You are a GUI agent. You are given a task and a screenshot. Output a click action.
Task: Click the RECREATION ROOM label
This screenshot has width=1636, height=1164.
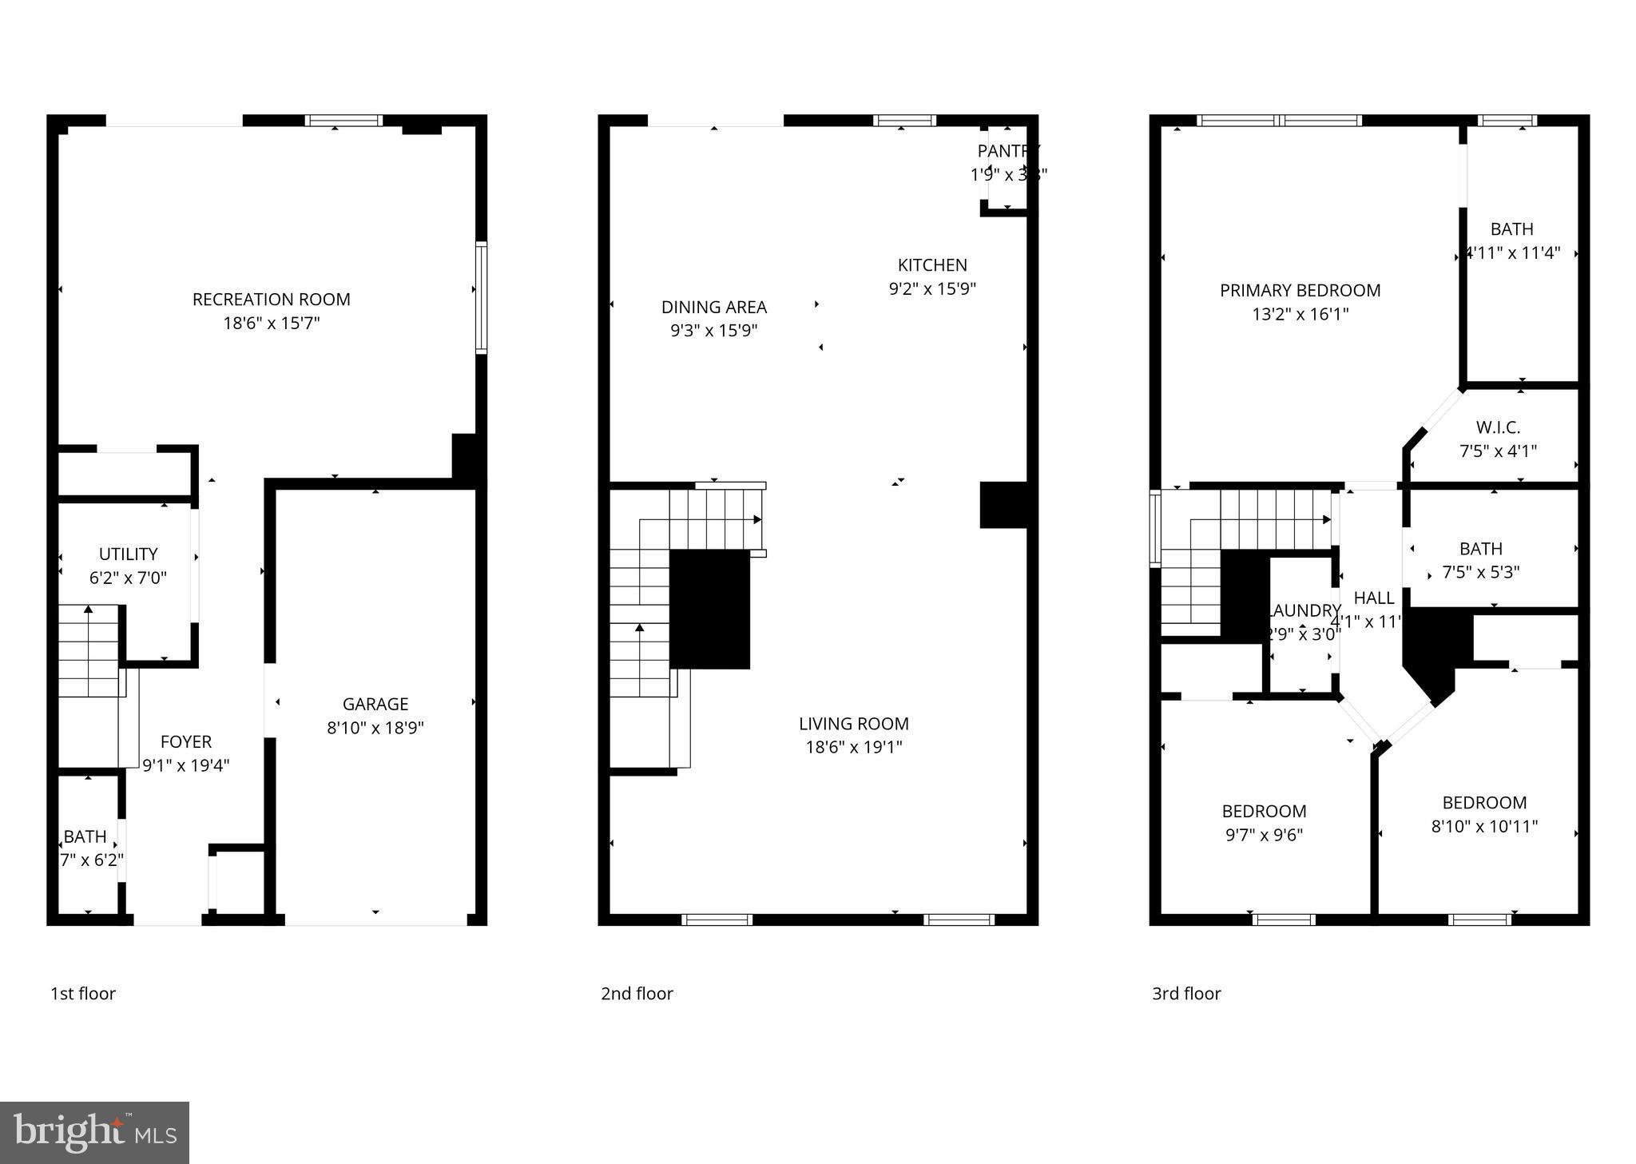(271, 300)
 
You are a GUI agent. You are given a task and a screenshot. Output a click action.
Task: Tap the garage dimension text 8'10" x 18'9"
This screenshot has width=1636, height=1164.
(375, 728)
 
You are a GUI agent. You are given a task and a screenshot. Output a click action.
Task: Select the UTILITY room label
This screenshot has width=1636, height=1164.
(128, 554)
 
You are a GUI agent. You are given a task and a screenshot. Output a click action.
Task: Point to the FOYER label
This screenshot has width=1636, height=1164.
(186, 741)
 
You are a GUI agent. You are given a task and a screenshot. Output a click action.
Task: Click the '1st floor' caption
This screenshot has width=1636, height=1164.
(83, 993)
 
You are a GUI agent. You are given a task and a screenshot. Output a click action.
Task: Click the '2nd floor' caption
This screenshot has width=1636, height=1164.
(637, 993)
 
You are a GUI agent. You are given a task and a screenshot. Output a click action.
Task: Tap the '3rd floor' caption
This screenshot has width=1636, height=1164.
(1186, 993)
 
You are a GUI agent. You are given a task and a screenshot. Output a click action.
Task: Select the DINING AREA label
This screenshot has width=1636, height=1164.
(713, 307)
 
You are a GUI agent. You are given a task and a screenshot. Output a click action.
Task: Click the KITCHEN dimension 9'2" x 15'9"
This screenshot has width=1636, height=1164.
(932, 288)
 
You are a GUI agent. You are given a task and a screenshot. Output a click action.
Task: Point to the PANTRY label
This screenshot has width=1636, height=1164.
(1008, 151)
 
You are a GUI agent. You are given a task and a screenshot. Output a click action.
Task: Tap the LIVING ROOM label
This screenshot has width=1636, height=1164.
(853, 724)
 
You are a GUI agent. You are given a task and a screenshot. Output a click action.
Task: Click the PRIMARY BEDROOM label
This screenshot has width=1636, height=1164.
(1300, 291)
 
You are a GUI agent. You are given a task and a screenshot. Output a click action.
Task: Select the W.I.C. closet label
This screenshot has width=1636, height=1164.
(1498, 427)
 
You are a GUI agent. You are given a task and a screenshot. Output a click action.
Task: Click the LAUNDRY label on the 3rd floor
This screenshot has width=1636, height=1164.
(1304, 610)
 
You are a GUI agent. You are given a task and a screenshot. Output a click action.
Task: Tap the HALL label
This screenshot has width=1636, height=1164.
(1373, 598)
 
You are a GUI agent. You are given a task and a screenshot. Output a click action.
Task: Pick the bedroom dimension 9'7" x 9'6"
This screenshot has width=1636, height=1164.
(1264, 835)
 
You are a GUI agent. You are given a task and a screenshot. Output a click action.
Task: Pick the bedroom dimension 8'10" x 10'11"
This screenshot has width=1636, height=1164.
(1484, 826)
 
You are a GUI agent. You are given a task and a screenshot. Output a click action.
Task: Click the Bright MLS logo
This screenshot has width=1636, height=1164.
(94, 1133)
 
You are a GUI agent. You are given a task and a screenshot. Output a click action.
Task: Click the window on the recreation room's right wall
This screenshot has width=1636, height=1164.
(481, 297)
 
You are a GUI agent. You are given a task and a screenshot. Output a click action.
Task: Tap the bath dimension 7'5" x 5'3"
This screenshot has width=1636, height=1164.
(1480, 572)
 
